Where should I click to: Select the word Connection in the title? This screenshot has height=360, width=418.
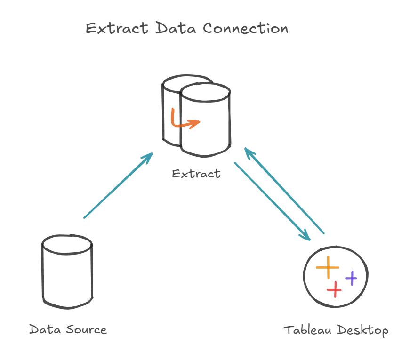(246, 28)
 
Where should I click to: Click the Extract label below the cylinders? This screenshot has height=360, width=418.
(196, 174)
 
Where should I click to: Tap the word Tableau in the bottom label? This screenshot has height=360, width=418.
(308, 330)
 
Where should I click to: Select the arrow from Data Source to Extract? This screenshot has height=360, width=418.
(118, 185)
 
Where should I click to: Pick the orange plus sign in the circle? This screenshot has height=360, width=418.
(328, 267)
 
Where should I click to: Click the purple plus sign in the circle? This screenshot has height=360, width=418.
(351, 278)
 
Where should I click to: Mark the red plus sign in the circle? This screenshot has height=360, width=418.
(334, 289)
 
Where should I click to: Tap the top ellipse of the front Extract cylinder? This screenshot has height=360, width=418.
(205, 93)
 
